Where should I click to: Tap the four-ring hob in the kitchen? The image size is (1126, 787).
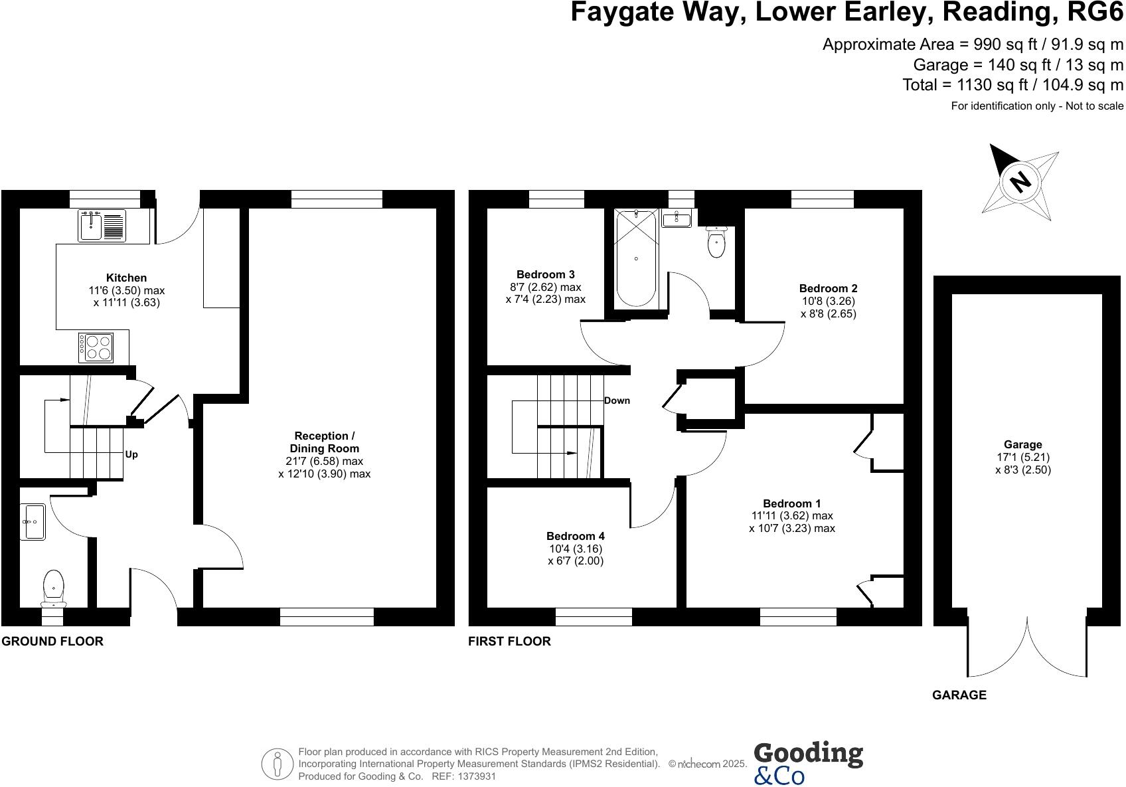click(x=96, y=347)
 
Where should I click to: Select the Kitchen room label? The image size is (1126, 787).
click(x=126, y=278)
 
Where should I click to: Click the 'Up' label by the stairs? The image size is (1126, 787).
click(x=131, y=455)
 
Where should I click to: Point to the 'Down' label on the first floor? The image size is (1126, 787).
click(x=617, y=400)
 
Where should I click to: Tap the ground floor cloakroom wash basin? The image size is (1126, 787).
click(x=33, y=522)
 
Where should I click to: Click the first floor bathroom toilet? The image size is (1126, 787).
click(x=716, y=242)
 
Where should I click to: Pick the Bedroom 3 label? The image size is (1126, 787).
click(x=545, y=274)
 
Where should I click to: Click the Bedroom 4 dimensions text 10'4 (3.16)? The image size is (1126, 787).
click(x=575, y=549)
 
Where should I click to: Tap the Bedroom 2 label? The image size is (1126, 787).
click(x=828, y=288)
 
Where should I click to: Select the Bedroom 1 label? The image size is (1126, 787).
click(x=791, y=503)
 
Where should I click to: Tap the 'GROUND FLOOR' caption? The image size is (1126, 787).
click(x=52, y=642)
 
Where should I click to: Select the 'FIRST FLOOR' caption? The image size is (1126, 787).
click(x=509, y=642)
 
